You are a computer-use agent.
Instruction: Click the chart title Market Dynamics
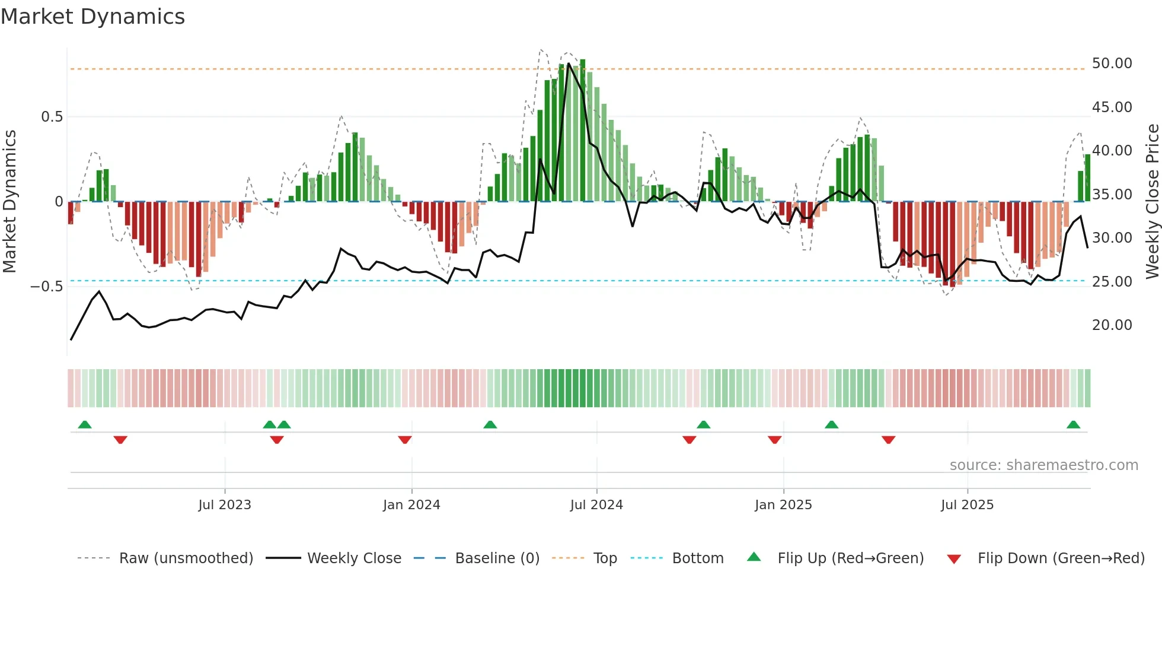[92, 17]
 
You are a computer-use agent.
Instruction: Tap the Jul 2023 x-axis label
[225, 505]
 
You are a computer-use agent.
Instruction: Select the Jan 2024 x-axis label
[411, 505]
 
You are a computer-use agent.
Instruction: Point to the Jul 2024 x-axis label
[596, 505]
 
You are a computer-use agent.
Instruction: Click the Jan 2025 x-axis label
[783, 505]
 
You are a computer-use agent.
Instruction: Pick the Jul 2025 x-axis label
[967, 505]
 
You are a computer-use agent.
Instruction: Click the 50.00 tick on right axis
[1112, 64]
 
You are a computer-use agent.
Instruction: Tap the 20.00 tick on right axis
[1112, 325]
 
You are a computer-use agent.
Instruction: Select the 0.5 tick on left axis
[52, 117]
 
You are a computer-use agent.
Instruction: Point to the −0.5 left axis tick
[47, 287]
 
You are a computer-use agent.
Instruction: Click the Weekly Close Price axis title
[1152, 202]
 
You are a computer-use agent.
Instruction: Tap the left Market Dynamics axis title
[9, 202]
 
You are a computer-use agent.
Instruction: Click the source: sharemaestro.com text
[1043, 465]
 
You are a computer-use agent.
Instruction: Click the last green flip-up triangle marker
[1073, 425]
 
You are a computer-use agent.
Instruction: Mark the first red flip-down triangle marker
[120, 440]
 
